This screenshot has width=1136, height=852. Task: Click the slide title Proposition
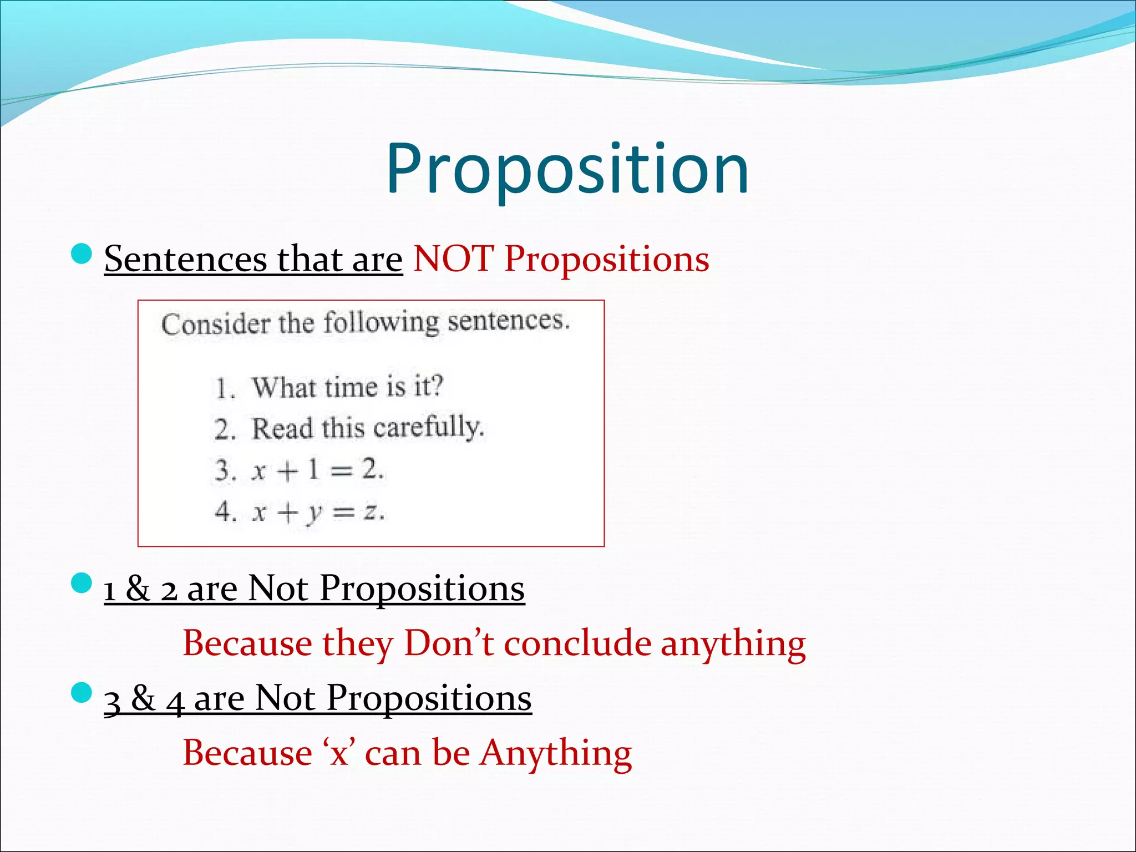coord(567,169)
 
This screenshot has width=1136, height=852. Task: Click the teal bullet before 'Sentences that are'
coord(82,254)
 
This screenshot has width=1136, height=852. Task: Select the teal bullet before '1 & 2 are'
coord(82,584)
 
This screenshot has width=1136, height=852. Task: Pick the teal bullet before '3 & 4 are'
coord(82,693)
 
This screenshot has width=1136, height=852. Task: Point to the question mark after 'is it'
coord(437,385)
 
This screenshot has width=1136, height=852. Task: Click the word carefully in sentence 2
coord(428,428)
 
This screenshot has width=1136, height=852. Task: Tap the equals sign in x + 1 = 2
coord(341,471)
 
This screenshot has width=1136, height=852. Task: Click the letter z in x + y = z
coord(371,511)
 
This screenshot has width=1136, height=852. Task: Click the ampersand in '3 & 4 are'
coord(143,698)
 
